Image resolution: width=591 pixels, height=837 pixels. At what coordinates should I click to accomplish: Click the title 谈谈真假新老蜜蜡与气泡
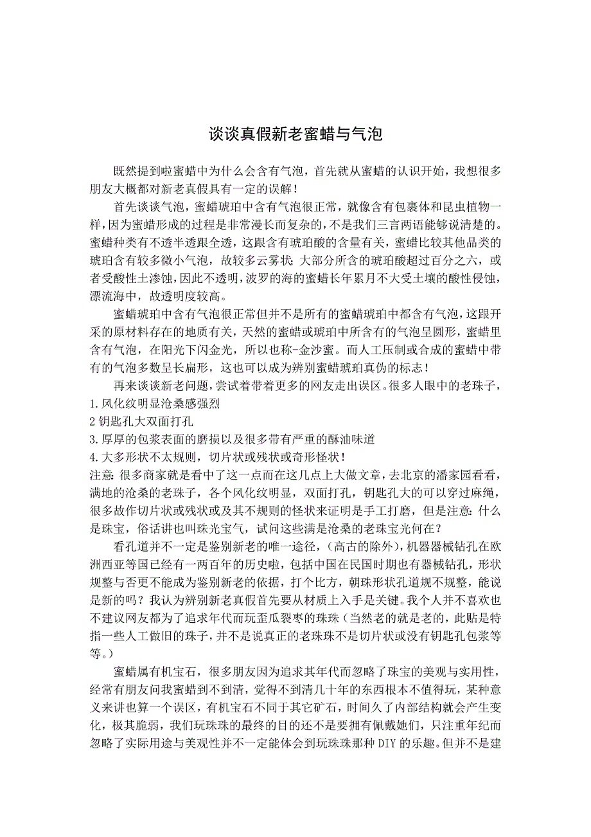(x=295, y=135)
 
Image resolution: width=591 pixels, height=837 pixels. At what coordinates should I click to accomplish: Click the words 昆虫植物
(x=463, y=207)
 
